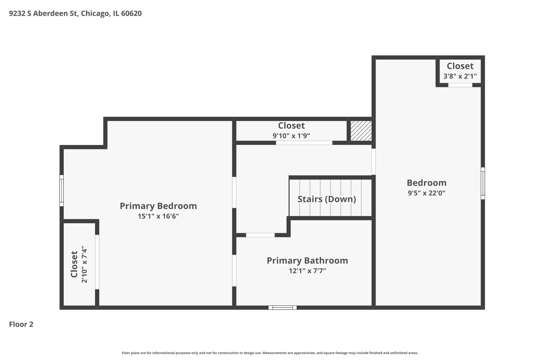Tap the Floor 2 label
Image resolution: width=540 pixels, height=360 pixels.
pos(21,324)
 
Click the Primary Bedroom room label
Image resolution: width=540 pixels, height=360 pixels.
pos(158,206)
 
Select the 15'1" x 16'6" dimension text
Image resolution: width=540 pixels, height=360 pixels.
pos(158,216)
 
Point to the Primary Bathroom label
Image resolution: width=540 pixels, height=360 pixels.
pos(307,261)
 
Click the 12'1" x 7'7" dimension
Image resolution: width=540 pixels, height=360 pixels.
pos(307,271)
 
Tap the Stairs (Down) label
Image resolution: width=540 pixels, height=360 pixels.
pos(327,199)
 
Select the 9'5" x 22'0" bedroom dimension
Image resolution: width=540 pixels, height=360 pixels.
pos(426,193)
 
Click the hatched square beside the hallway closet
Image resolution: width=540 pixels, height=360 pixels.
pos(361,131)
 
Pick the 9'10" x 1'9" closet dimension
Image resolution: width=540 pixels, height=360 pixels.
pos(291,136)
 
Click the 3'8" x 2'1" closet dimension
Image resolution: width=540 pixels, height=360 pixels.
pos(460,76)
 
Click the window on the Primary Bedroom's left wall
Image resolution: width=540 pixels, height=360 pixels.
pos(62,190)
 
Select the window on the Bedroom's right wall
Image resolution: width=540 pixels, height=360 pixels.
pos(483,183)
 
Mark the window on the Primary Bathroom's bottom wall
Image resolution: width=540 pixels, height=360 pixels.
pos(283,308)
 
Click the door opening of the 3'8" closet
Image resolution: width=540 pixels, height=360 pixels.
pos(460,85)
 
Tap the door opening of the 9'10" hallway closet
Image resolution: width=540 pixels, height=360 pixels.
pos(304,143)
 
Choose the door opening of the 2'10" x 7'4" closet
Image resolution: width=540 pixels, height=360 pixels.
pos(97,262)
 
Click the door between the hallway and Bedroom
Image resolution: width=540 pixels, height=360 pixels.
pos(374,162)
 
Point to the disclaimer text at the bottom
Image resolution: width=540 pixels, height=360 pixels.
pos(270,353)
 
